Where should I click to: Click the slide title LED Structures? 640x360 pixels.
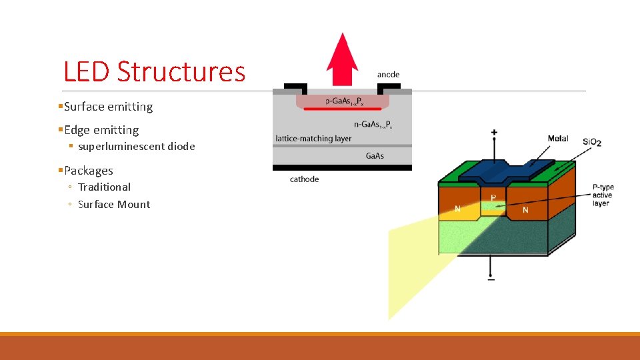pos(154,71)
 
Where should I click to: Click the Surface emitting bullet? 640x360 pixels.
pos(108,107)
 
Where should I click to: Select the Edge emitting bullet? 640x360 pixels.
pos(101,130)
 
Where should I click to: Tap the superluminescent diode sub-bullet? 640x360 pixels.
pos(136,147)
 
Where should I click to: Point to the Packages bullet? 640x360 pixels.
pos(88,171)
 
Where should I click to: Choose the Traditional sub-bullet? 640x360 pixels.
pos(104,187)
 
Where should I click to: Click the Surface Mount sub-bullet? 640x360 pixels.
pos(113,205)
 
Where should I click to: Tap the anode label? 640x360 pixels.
pos(388,75)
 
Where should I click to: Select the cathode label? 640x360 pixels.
pos(304,179)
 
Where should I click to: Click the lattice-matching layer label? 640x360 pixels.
pos(313,139)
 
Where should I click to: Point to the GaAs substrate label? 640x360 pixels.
pos(375,156)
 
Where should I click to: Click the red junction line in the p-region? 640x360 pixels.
pos(343,109)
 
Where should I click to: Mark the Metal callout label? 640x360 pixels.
pos(558,139)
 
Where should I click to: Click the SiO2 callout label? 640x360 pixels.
pos(592,142)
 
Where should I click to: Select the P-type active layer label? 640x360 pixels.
pos(602,195)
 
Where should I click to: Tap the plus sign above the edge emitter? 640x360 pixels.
pos(494,133)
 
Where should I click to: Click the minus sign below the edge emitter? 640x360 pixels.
pos(491,279)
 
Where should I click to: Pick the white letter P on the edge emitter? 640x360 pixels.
pos(493,198)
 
